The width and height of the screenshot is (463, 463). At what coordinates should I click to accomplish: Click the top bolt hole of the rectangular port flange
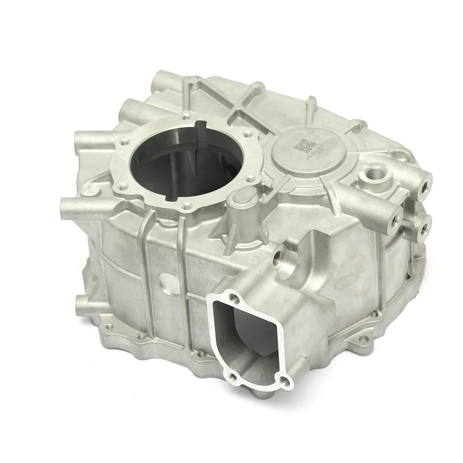234,299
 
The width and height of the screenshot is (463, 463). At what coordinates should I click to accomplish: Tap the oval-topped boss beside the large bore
242,200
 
